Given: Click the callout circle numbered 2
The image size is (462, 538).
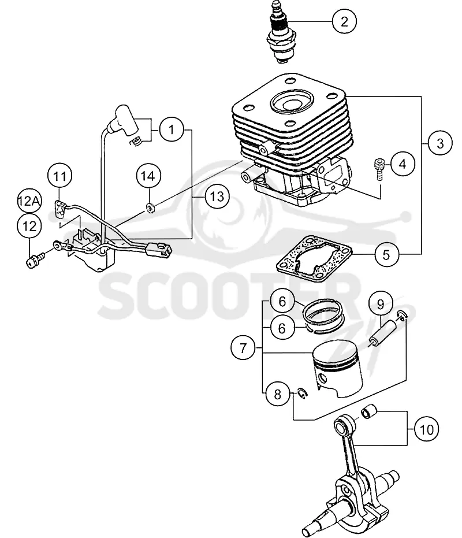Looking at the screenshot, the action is (344, 21).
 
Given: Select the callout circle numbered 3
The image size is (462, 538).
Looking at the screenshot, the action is (440, 143).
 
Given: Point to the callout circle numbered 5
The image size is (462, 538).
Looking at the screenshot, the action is (386, 255).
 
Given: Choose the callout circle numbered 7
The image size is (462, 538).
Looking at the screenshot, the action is (243, 348).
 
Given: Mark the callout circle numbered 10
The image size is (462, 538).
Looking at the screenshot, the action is (427, 429).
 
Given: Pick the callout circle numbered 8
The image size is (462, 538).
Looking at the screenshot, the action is (277, 394).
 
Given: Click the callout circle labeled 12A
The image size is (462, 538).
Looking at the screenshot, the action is (29, 201).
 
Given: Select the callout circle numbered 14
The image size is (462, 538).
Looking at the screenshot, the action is (148, 176).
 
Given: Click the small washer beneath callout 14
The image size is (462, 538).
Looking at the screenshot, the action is (150, 208).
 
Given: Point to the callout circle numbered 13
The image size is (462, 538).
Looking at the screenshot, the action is (217, 196).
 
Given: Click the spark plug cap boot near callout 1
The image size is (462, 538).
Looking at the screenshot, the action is (123, 120).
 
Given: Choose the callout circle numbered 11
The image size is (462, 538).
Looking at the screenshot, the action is (60, 176).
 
